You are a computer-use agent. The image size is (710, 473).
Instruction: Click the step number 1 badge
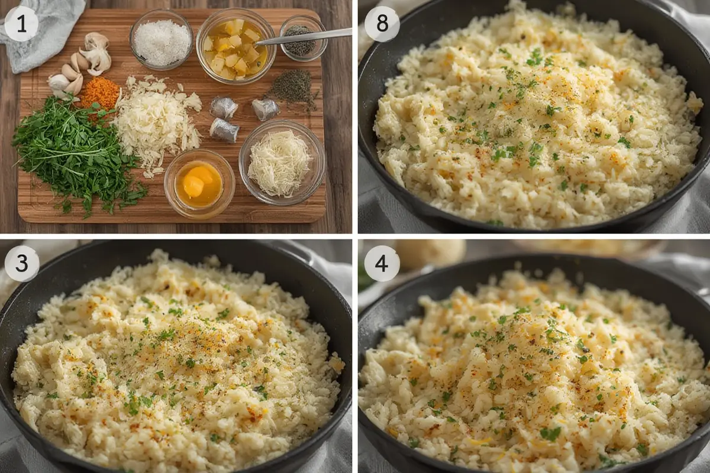pos(21,24)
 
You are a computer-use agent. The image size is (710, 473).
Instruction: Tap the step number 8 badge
pos(382,24)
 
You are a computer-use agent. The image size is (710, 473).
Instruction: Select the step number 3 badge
pos(21,263)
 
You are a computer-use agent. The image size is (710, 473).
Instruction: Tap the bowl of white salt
pos(162,40)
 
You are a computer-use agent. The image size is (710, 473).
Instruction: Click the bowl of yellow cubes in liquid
pos(235,46)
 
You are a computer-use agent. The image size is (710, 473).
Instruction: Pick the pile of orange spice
pos(100,93)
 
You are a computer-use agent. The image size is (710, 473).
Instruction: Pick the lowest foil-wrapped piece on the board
pos(224,130)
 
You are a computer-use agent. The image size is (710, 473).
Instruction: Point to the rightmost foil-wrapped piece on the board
pos(266,109)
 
